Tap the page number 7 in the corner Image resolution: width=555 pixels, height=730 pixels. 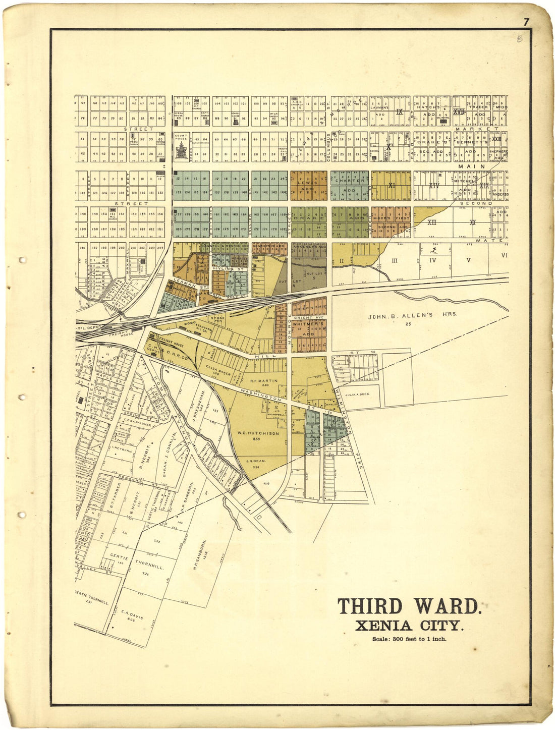point(526,22)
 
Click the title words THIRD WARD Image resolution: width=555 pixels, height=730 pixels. point(409,606)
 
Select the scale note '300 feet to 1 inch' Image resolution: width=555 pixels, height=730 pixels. point(409,639)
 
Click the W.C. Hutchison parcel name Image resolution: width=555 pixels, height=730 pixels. point(258,433)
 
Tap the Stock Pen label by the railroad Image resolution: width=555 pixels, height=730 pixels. point(218,318)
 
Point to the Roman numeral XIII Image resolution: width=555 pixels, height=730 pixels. point(432,222)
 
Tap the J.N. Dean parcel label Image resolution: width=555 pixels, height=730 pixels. point(256,461)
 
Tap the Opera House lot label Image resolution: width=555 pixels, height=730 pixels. point(178,115)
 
